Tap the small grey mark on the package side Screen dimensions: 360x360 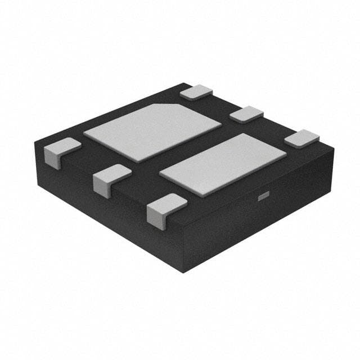[x=262, y=196]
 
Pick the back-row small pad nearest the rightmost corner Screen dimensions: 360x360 [x=301, y=138]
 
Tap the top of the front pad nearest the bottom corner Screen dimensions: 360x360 [x=166, y=202]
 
